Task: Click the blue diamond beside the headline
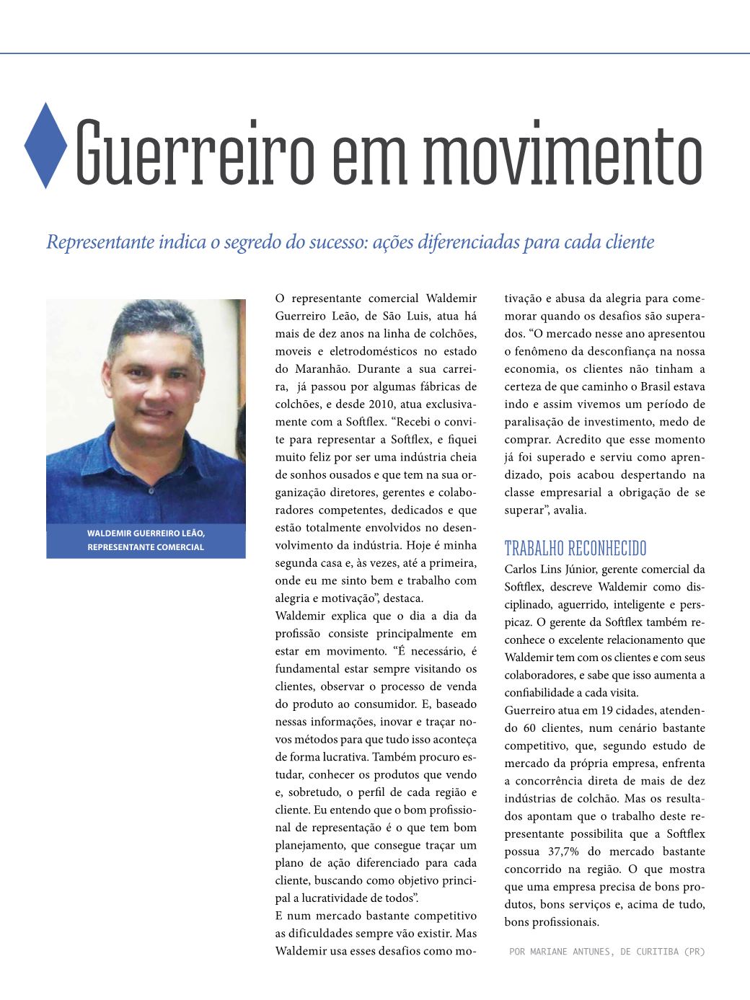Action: click(45, 146)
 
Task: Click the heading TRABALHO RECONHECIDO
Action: click(575, 549)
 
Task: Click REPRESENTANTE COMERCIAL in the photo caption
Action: click(146, 547)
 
